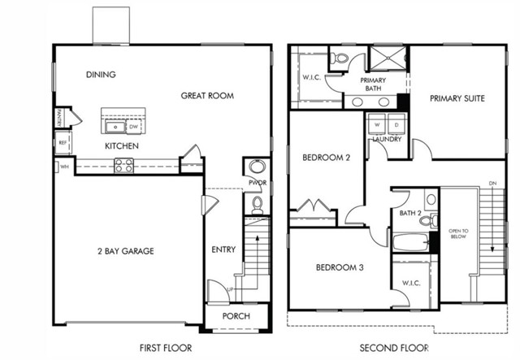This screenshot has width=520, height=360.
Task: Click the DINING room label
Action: click(101, 75)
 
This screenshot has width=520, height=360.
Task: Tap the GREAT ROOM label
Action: click(207, 96)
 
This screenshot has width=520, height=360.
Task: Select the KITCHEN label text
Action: click(121, 146)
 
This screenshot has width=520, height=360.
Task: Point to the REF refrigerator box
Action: click(62, 143)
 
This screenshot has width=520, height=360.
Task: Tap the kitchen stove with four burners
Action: click(123, 165)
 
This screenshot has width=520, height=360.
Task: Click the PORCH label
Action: click(236, 316)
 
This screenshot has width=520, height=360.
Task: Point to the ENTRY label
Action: click(223, 249)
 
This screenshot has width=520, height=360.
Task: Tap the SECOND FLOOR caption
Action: click(393, 347)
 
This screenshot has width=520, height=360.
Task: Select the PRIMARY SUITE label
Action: click(457, 98)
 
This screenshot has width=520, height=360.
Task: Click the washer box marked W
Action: click(378, 125)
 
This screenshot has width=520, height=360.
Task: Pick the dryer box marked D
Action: click(396, 125)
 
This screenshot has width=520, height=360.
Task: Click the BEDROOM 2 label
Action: click(326, 157)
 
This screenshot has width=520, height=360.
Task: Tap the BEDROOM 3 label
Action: click(339, 267)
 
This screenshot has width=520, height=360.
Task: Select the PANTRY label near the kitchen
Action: click(59, 118)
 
